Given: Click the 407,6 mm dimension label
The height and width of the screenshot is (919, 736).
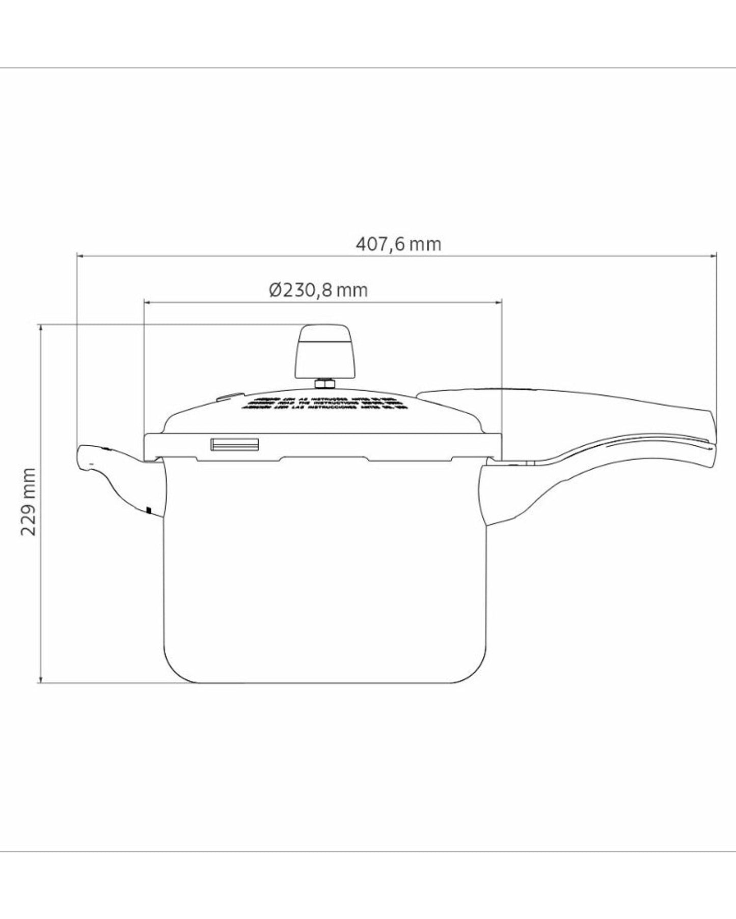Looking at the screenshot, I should point(398,244).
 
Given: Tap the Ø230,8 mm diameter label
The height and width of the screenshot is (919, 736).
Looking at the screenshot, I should point(318,291).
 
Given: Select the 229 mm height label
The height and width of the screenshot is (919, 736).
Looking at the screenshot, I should point(30,502).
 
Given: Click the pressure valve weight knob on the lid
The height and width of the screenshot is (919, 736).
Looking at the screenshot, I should point(324,351).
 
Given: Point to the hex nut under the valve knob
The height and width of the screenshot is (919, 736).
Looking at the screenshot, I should point(324,382).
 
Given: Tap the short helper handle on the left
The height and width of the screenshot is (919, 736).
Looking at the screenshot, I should point(115,476).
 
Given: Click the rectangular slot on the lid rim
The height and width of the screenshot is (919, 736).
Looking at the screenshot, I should point(235,445).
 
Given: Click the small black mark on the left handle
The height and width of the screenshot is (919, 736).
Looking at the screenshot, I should point(149,509).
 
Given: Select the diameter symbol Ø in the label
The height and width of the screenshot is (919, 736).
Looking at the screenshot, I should point(275,291).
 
